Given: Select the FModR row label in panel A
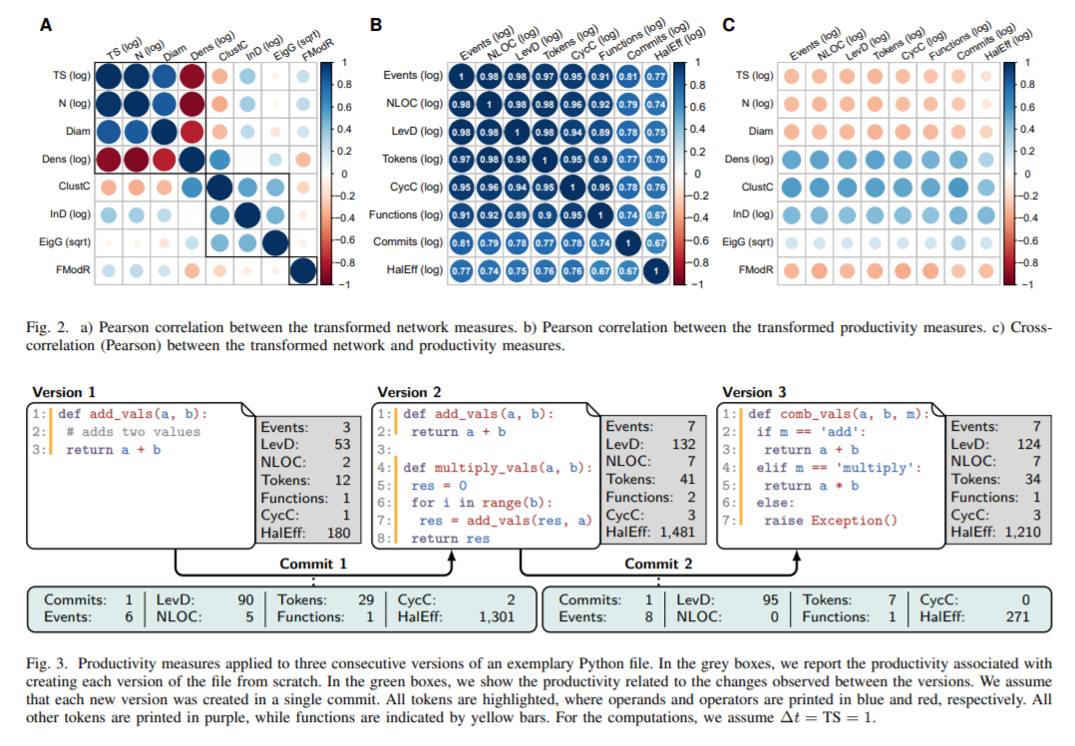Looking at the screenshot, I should pos(68,270).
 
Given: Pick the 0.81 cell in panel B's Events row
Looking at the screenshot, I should pos(629,76).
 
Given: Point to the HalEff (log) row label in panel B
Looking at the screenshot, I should pos(412,270).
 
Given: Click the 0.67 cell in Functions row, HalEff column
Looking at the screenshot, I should pos(657,214).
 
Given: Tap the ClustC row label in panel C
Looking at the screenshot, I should pos(757,186).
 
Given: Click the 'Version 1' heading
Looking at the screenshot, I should pos(66,392).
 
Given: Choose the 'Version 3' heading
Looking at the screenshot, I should pos(754,392).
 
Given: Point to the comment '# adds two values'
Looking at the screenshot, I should pos(134,432).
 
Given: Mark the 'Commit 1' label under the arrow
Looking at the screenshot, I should pos(313,563).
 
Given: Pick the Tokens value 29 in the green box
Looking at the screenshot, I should pos(365,600).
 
